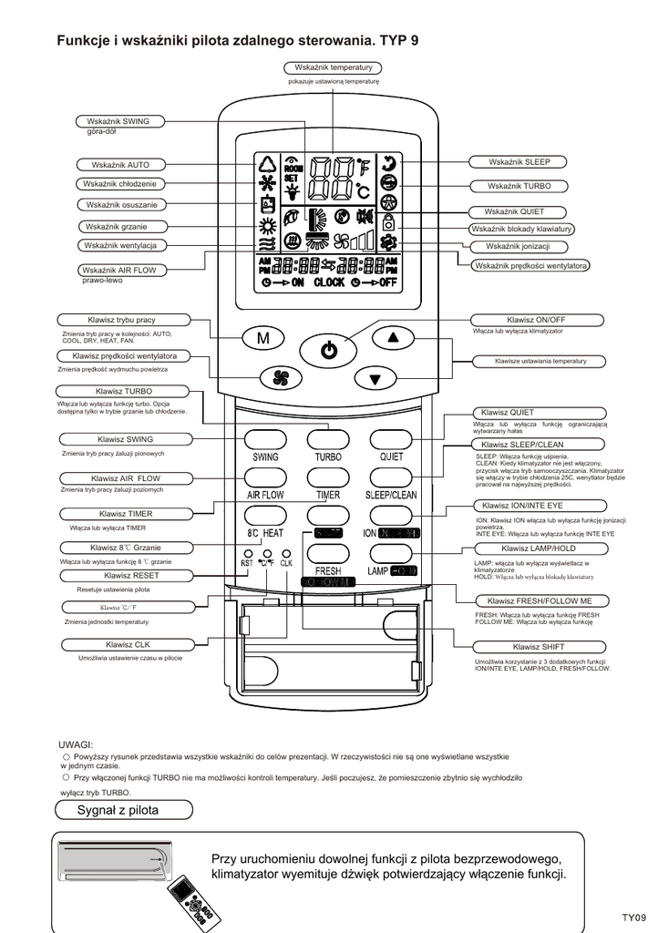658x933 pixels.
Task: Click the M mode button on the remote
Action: [x=263, y=339]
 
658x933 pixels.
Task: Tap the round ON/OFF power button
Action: [x=329, y=349]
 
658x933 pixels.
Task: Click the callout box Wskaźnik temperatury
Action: [x=334, y=68]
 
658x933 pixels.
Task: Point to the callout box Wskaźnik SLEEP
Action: [x=519, y=162]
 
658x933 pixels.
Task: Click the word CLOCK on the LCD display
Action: [x=329, y=282]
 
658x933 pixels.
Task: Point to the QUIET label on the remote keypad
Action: [x=392, y=456]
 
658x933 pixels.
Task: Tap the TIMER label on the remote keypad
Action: [x=328, y=495]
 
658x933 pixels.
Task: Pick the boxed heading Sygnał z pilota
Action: [x=118, y=810]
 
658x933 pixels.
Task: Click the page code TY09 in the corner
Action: [x=633, y=918]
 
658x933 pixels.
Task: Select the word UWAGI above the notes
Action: [x=77, y=744]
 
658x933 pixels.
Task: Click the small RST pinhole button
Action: [x=247, y=553]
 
